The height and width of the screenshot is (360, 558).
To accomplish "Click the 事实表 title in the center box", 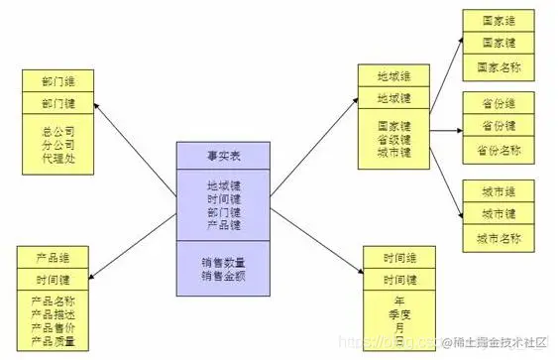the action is click(223, 155).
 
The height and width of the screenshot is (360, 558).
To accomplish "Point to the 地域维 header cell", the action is click(393, 75).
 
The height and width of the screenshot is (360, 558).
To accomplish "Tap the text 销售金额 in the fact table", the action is click(223, 277).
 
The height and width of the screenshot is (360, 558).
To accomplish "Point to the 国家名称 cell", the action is click(499, 67).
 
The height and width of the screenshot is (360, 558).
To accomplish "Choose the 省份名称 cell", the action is click(499, 151).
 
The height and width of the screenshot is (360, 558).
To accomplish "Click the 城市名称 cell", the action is click(499, 238).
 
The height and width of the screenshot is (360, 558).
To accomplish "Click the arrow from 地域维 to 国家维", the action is click(444, 69).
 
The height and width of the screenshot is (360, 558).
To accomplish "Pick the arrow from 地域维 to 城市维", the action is click(444, 183).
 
